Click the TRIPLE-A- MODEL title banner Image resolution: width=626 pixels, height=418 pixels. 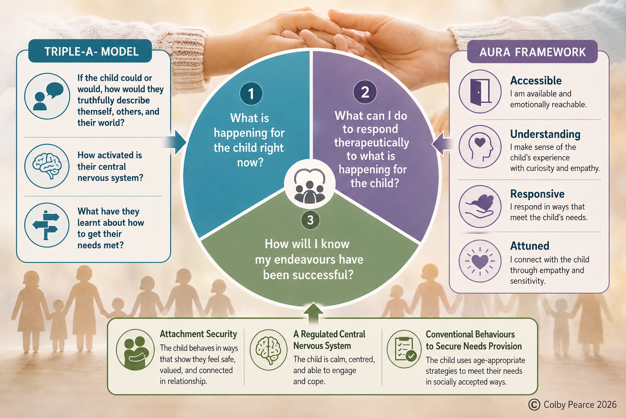tap(90, 51)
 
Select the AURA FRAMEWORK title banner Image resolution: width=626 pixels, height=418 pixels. tap(532, 52)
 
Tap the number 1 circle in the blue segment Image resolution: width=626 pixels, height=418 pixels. tap(251, 93)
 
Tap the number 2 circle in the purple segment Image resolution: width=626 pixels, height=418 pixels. tap(365, 92)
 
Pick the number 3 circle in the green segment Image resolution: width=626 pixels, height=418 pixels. tap(310, 220)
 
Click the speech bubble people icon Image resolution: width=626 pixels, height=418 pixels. tap(47, 96)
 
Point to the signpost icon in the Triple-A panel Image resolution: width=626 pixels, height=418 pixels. tap(47, 225)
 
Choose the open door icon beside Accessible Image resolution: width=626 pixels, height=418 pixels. tap(480, 91)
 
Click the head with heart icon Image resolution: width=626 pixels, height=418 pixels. tap(480, 147)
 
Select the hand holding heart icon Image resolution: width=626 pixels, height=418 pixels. tap(480, 206)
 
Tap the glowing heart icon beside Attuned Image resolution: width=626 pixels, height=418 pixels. tap(480, 261)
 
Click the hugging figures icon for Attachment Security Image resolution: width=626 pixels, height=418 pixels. tap(135, 350)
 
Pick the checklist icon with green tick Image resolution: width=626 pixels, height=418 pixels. tap(404, 349)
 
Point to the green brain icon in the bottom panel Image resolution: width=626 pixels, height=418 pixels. tap(268, 349)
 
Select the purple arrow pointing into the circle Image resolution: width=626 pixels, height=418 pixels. tap(442, 144)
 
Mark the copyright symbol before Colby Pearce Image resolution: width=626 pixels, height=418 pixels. tap(534, 405)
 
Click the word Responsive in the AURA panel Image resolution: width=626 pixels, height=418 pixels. tap(537, 194)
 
